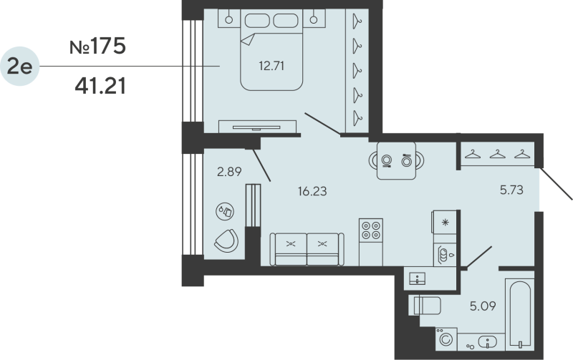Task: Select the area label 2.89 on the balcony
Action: coord(228,171)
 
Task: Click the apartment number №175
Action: coord(97,47)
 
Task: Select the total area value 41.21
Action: coord(100,87)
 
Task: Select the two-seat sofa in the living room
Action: coord(306,248)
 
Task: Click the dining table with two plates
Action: coord(397,160)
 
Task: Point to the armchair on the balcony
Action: coord(228,240)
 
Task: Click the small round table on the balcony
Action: coord(224,211)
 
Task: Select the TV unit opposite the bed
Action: coord(257,125)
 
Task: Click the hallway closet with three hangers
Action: coord(497,153)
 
